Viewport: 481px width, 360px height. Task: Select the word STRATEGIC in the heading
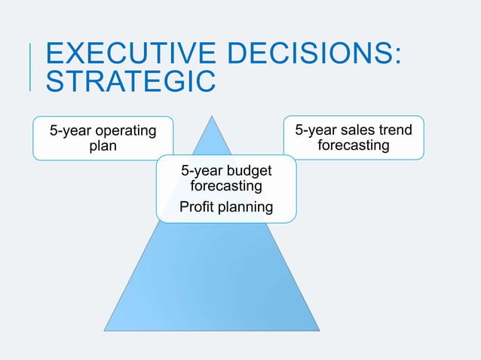[x=130, y=82]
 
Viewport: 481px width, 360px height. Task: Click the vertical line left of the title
[x=31, y=67]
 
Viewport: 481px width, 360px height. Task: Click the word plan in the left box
[x=103, y=145]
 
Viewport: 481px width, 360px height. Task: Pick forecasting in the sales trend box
[x=353, y=145]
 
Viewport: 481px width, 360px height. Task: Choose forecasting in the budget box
[x=226, y=185]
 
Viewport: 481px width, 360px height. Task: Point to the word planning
[x=245, y=206]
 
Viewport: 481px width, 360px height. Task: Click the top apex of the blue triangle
[x=213, y=116]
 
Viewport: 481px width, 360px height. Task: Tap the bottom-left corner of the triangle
[x=104, y=330]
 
